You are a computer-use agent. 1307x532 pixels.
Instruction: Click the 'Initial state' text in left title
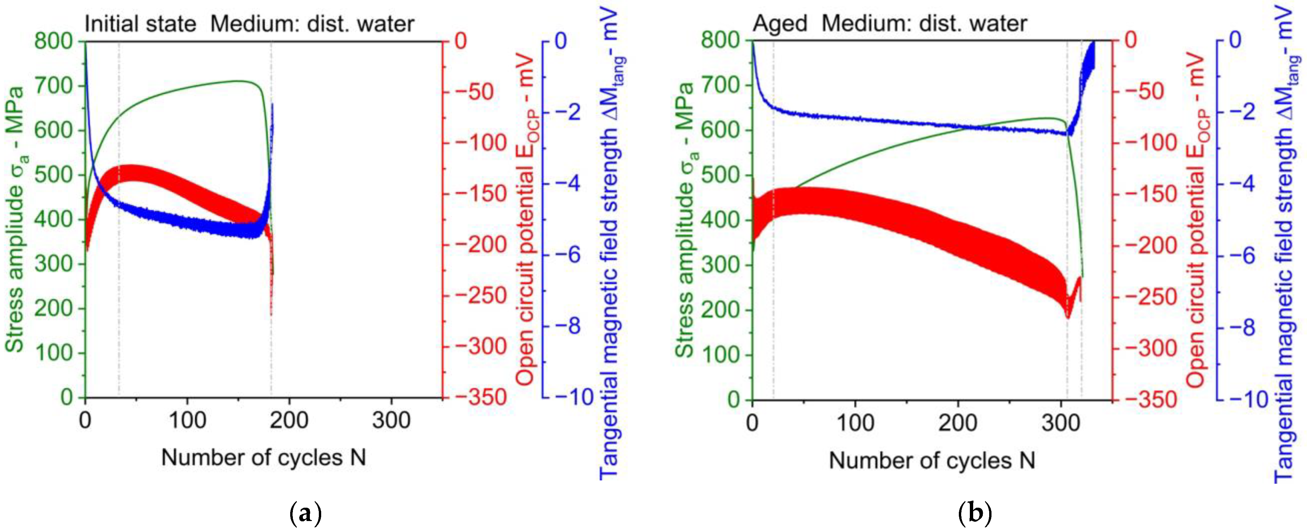(x=140, y=24)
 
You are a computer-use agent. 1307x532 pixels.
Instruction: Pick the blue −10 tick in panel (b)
(x=1242, y=399)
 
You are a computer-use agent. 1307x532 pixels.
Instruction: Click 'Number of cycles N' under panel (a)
(x=263, y=457)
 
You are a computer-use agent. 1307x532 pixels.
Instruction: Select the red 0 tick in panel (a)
(x=460, y=41)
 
